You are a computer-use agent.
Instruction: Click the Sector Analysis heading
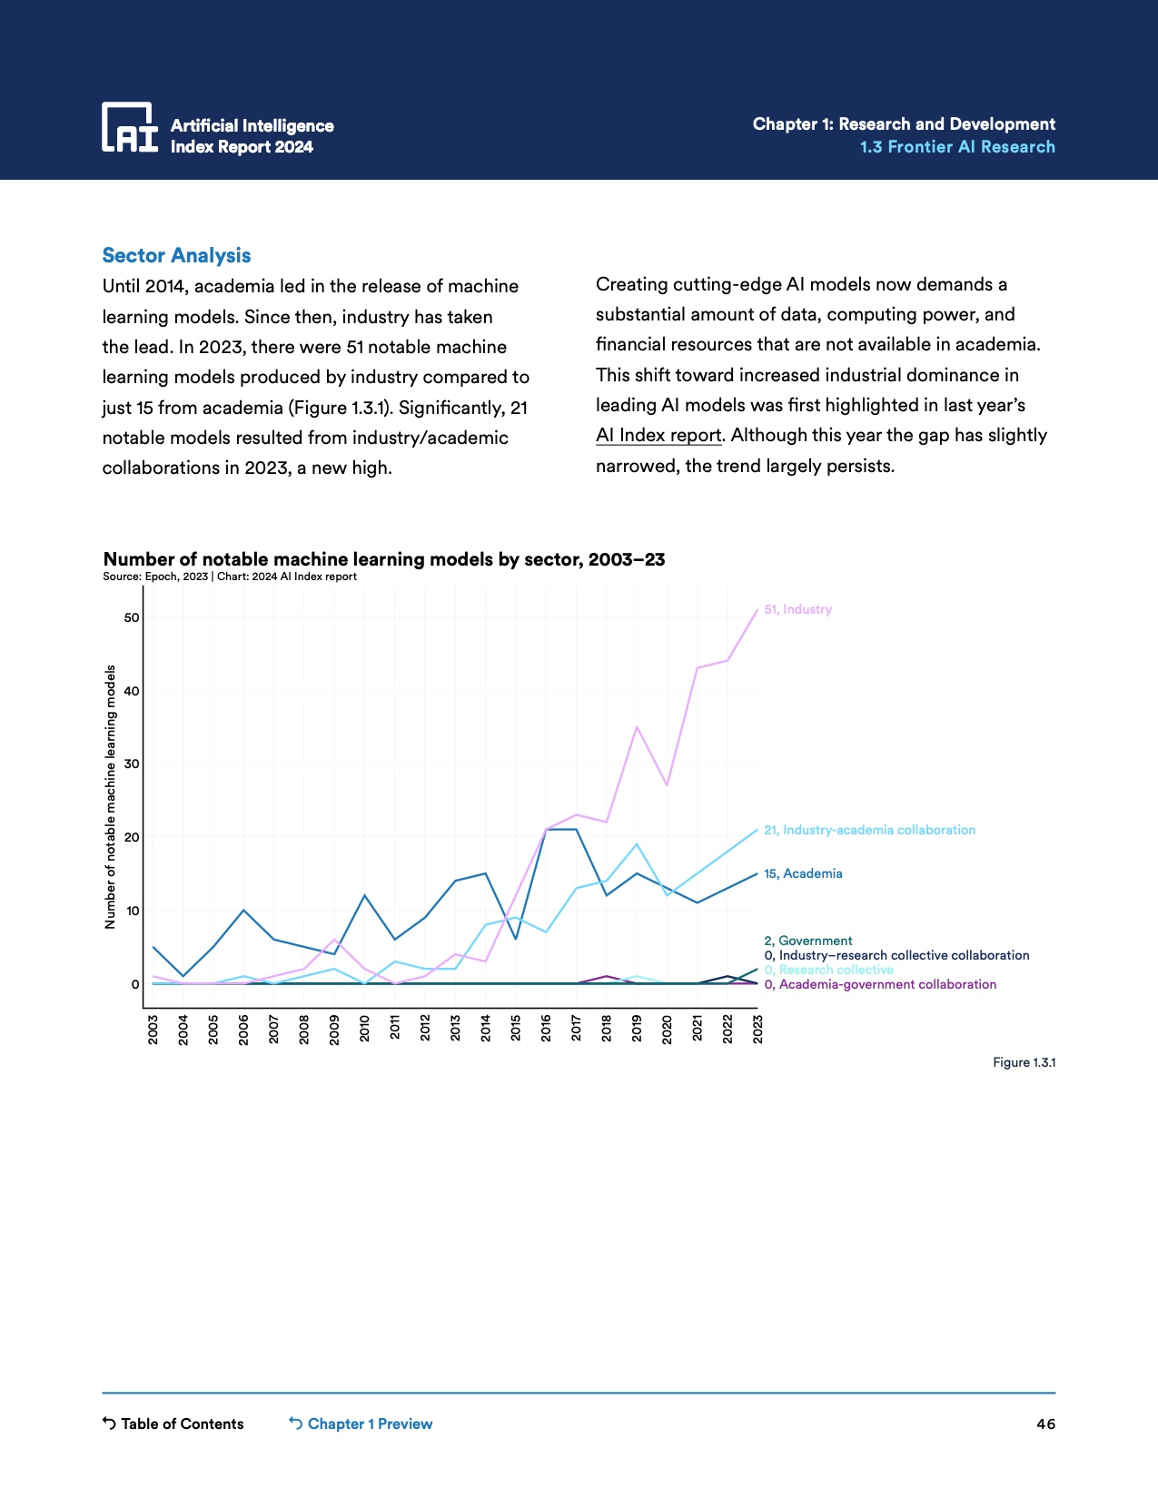pos(176,256)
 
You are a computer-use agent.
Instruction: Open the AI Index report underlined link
pos(658,436)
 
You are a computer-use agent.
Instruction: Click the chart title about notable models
pos(384,559)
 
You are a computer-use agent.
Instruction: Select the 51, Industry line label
pos(797,610)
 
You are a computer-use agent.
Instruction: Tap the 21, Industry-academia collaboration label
pos(869,830)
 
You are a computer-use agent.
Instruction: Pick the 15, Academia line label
pos(803,873)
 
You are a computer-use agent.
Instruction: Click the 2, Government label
pos(808,941)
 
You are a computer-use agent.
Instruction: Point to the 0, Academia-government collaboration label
pos(880,984)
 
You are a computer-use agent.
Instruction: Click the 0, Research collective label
pos(828,970)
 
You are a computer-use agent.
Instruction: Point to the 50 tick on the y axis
pos(133,618)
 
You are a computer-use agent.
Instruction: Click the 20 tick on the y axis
pos(133,837)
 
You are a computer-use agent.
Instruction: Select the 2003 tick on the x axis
pos(153,1030)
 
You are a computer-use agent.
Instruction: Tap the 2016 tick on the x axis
pos(546,1030)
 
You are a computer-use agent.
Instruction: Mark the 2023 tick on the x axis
pos(757,1030)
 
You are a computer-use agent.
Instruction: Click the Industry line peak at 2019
pos(637,727)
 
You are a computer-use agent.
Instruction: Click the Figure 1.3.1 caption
pos(1024,1062)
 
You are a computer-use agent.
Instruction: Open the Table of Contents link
pos(173,1424)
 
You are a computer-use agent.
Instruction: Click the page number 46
pos(1045,1424)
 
